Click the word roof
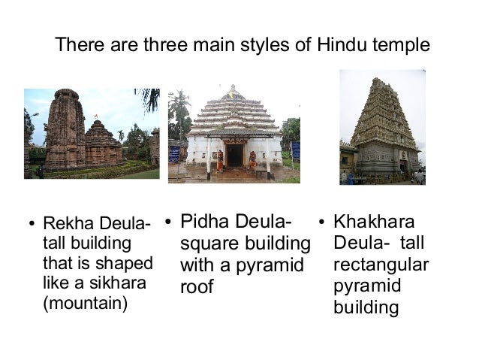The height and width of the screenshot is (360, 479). [x=197, y=286]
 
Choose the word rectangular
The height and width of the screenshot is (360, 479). [x=381, y=265]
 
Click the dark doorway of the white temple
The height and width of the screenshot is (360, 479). [x=233, y=155]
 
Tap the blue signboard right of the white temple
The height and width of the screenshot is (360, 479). [x=295, y=150]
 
